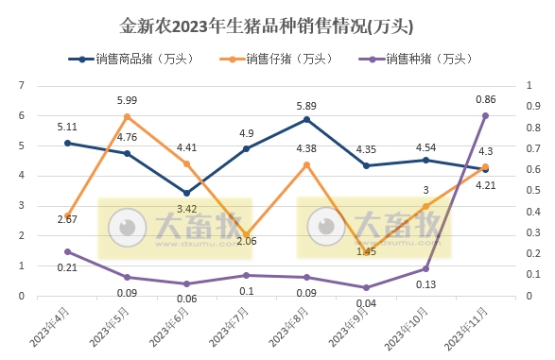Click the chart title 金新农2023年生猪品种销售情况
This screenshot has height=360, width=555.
tap(268, 22)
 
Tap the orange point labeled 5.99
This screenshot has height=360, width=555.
tap(127, 116)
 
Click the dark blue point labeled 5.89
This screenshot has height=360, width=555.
tap(306, 119)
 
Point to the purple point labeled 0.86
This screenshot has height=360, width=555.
tap(485, 115)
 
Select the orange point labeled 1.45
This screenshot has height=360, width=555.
tap(366, 251)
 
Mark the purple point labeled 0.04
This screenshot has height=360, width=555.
tap(366, 287)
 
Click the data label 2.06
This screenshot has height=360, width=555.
tap(246, 242)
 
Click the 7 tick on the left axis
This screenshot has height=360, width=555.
tap(22, 86)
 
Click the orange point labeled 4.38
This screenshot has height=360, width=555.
tap(306, 164)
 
